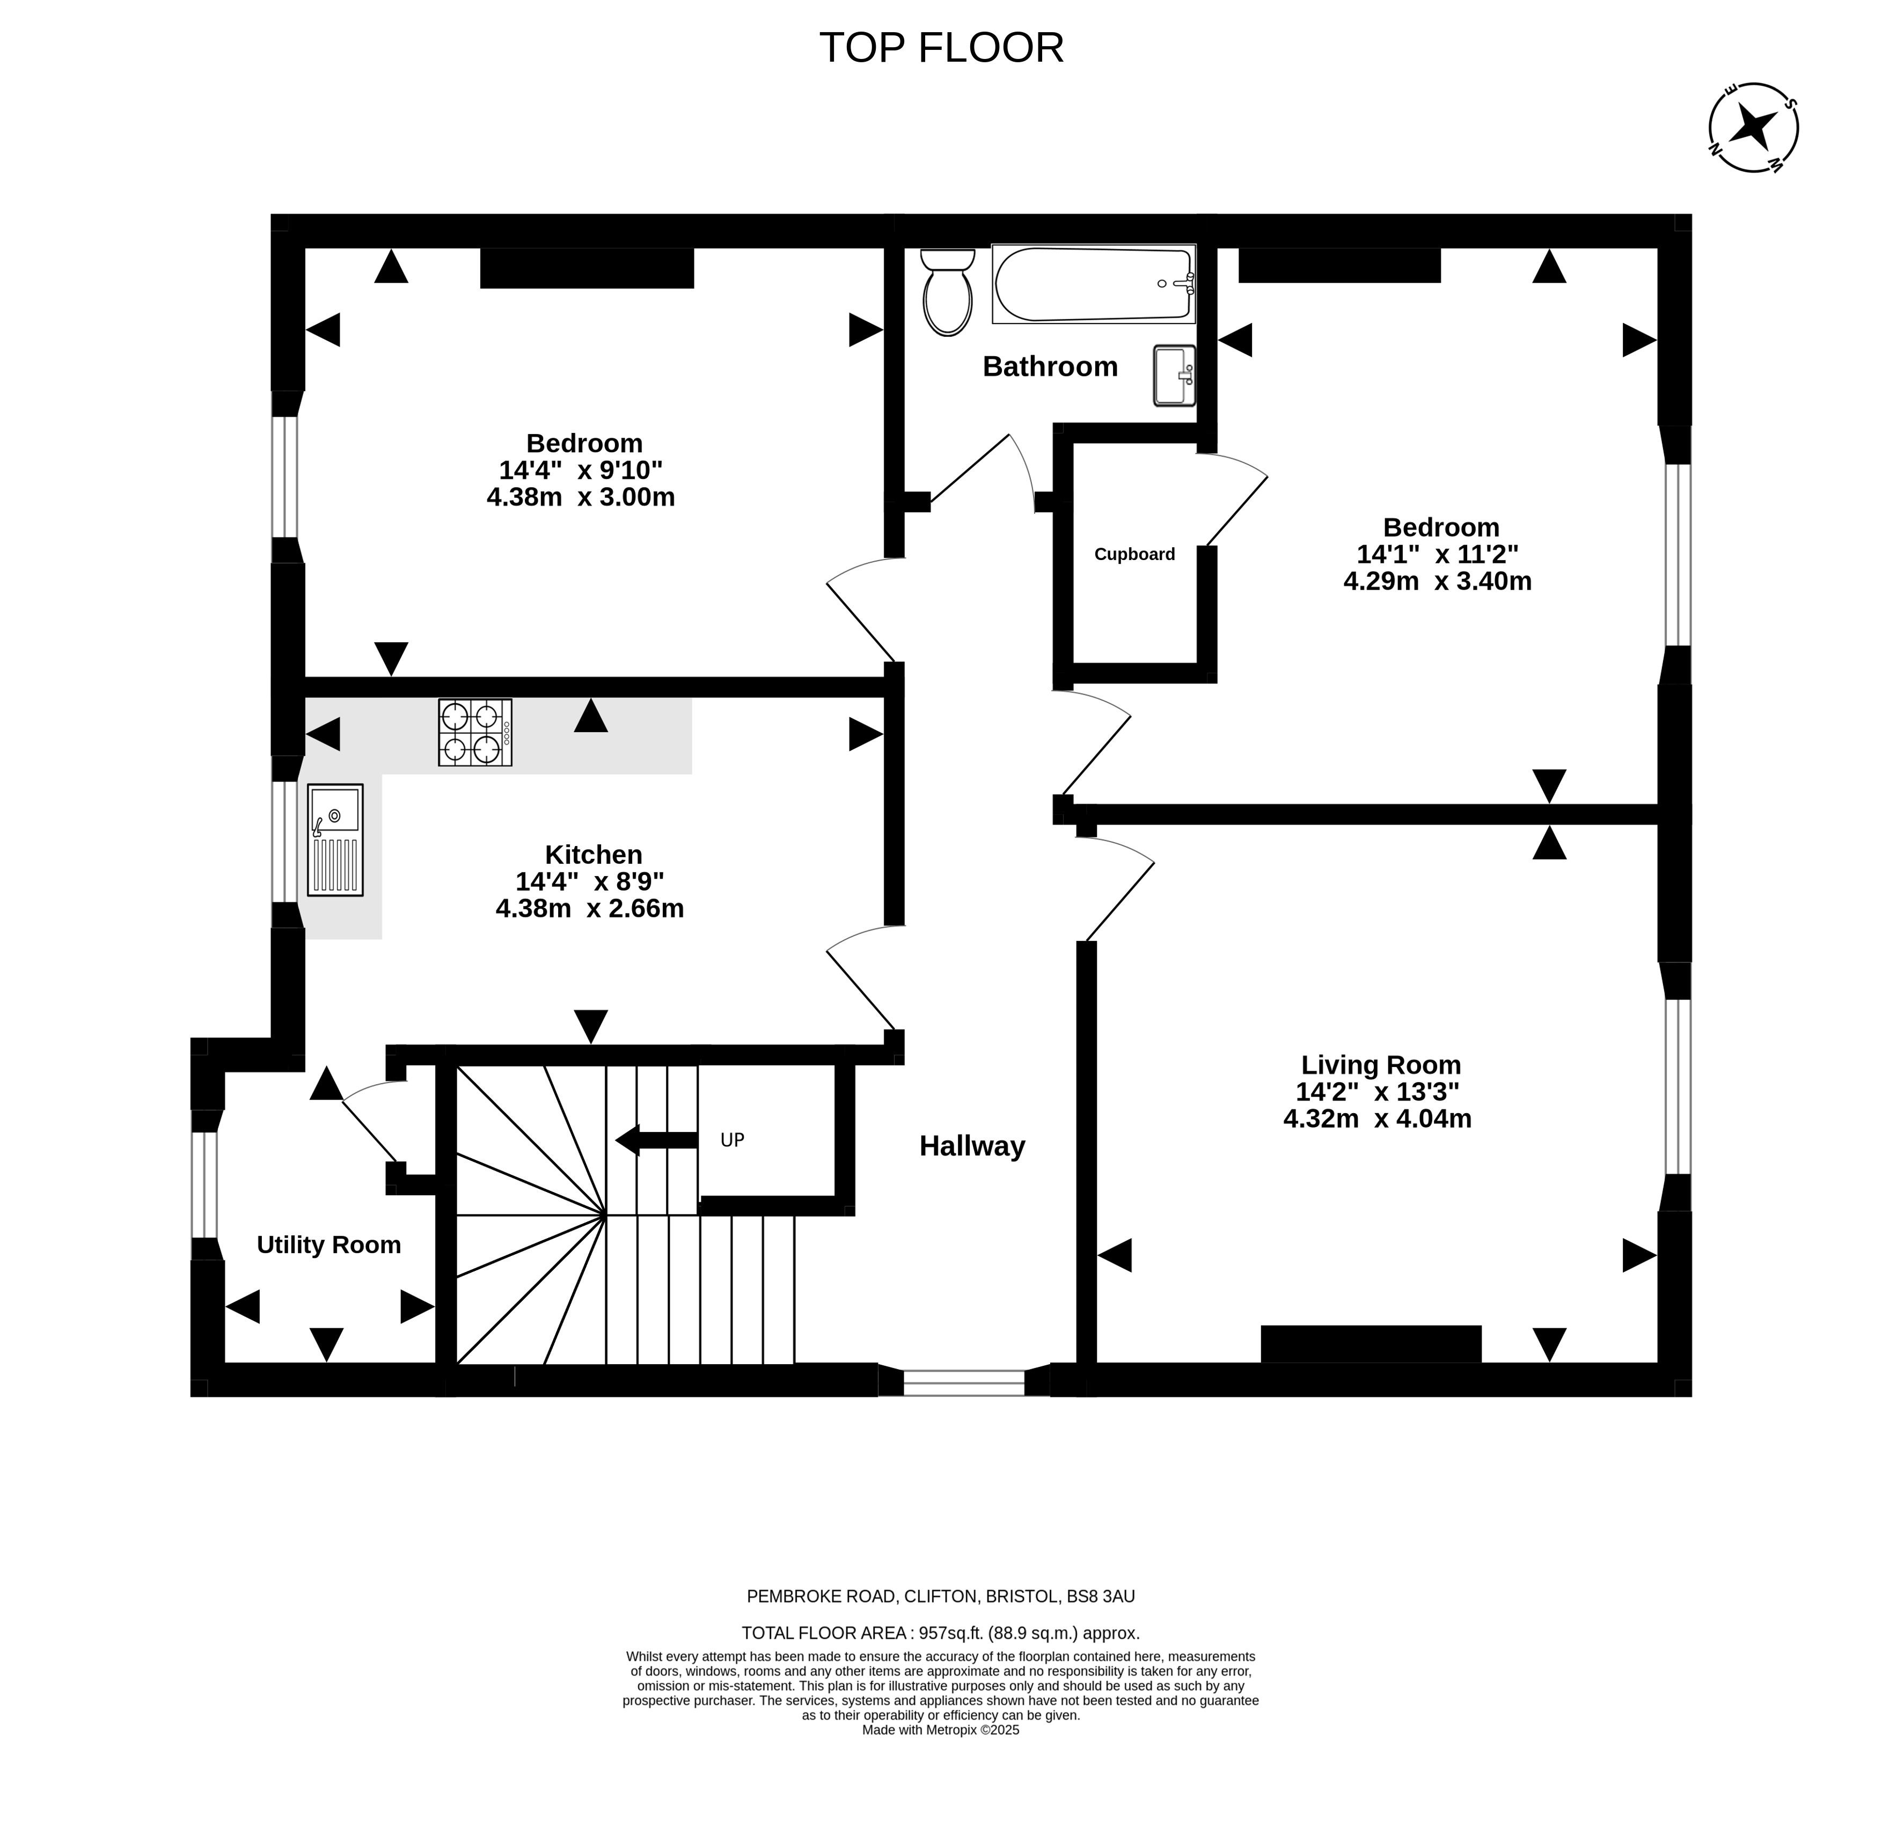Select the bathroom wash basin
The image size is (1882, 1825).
[x=1174, y=376]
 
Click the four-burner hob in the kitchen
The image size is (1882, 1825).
[x=475, y=732]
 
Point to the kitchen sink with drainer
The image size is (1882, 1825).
[x=335, y=840]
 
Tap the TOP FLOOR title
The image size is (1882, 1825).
[x=941, y=48]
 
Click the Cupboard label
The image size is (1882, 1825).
[x=1134, y=554]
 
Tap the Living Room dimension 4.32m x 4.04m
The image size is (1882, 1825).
[x=1377, y=1118]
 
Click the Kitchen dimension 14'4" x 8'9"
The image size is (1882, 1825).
[x=590, y=881]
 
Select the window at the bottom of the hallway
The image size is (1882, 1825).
[x=964, y=1381]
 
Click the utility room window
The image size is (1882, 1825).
[x=204, y=1184]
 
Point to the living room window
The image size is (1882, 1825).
[x=1676, y=1087]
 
